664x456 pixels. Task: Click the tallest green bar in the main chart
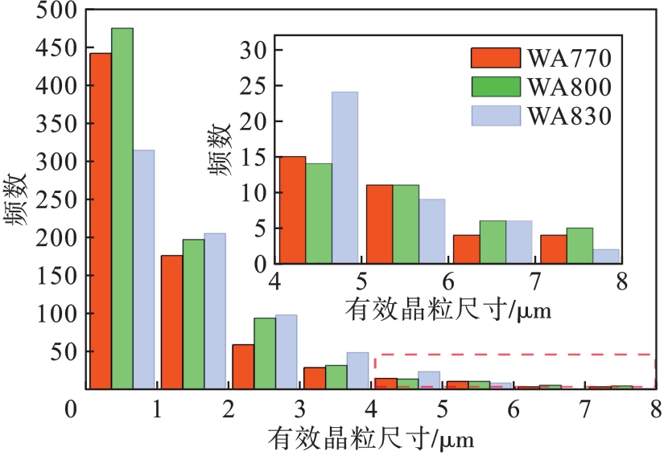click(x=122, y=208)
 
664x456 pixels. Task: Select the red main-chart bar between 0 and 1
click(x=101, y=220)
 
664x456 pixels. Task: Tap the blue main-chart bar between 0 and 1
click(x=144, y=269)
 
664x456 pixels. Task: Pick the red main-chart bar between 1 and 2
click(x=171, y=322)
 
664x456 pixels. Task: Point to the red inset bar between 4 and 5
click(x=292, y=210)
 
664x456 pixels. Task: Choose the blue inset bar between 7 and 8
click(x=607, y=257)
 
